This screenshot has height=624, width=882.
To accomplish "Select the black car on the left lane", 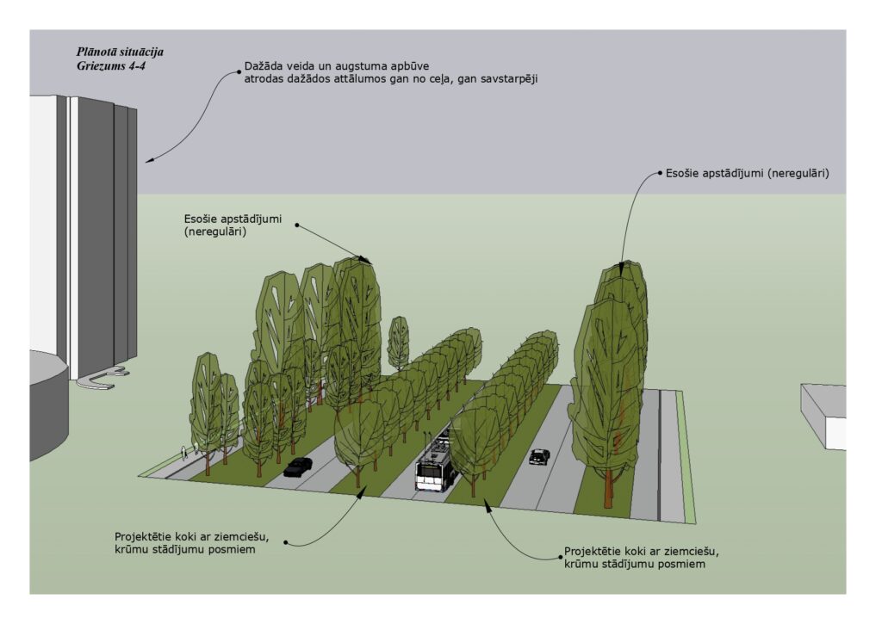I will [298, 466].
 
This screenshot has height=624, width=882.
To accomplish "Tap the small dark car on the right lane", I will [539, 456].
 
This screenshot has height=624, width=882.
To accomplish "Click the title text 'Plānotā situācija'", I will [120, 52].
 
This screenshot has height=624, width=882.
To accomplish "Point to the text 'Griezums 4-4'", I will [111, 65].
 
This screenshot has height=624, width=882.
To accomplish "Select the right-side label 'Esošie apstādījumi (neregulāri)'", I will [747, 173].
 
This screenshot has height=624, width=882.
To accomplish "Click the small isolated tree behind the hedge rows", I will [397, 341].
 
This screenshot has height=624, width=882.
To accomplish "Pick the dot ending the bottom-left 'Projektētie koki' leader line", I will [286, 542].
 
